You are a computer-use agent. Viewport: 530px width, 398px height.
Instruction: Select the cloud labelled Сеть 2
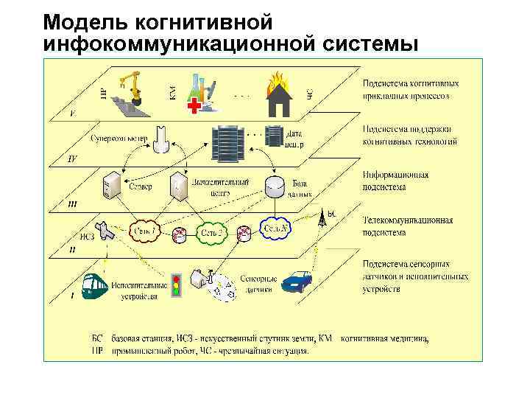click(213, 233)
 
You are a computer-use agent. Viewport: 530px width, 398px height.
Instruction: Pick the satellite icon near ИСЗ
click(105, 231)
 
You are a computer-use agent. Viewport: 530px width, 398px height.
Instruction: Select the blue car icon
click(298, 282)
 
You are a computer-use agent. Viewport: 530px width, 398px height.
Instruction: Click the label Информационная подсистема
click(395, 181)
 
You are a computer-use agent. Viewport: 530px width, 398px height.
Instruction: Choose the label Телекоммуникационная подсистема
click(407, 226)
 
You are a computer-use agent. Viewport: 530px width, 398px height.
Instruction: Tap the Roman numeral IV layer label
click(71, 159)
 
